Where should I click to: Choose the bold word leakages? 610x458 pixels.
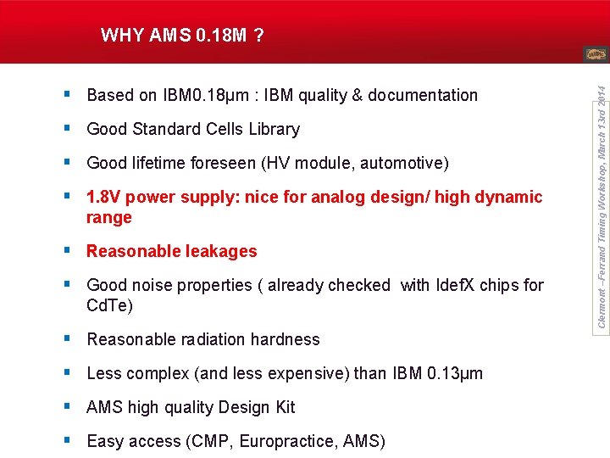[215, 251]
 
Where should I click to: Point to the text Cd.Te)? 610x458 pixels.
[109, 305]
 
